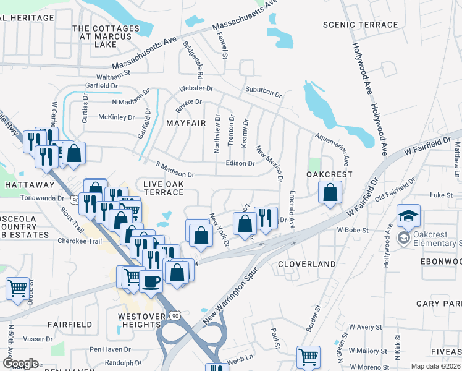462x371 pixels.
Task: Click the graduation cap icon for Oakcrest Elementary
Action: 408,215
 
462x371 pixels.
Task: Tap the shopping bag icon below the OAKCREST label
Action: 330,193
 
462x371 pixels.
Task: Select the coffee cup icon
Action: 151,281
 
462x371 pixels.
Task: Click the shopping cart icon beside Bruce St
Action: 18,288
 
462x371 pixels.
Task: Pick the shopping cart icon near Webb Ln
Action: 308,356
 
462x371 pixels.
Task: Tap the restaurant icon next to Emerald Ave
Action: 266,218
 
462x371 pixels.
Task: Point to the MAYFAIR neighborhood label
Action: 186,123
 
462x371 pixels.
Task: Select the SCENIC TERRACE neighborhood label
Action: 361,25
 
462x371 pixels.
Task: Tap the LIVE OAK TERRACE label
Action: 164,189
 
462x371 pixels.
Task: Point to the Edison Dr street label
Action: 240,164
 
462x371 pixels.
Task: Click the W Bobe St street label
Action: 352,230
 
